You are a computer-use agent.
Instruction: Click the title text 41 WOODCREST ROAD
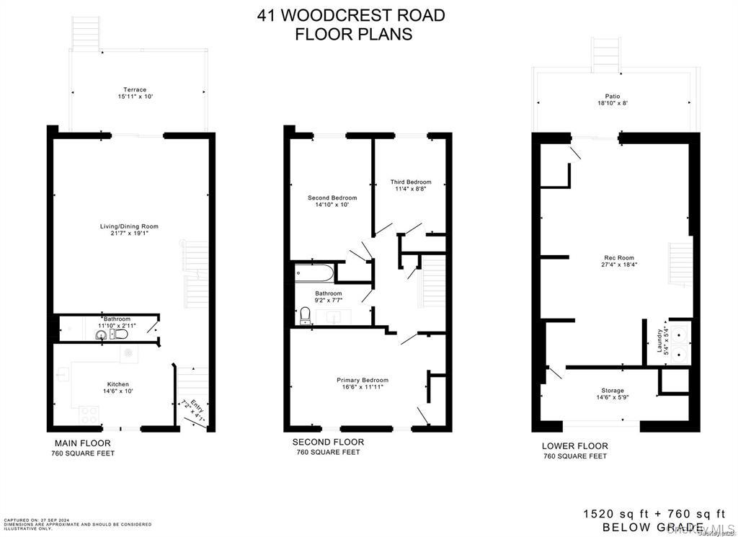(x=351, y=15)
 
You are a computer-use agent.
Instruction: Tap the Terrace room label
(x=135, y=90)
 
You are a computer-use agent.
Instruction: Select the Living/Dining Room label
(x=129, y=226)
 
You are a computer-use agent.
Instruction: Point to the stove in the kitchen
(x=89, y=414)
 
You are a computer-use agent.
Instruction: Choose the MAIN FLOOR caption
(x=83, y=443)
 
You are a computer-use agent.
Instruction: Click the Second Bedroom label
(x=332, y=198)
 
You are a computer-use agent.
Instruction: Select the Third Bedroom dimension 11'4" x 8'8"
(x=411, y=190)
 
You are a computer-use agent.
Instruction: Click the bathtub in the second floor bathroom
(x=314, y=274)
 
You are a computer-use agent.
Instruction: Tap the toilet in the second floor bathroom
(x=304, y=315)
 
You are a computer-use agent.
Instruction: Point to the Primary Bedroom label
(x=363, y=380)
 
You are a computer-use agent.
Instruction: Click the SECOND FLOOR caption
(x=328, y=442)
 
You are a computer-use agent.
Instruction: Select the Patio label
(x=612, y=96)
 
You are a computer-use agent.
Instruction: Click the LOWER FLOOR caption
(x=574, y=446)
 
